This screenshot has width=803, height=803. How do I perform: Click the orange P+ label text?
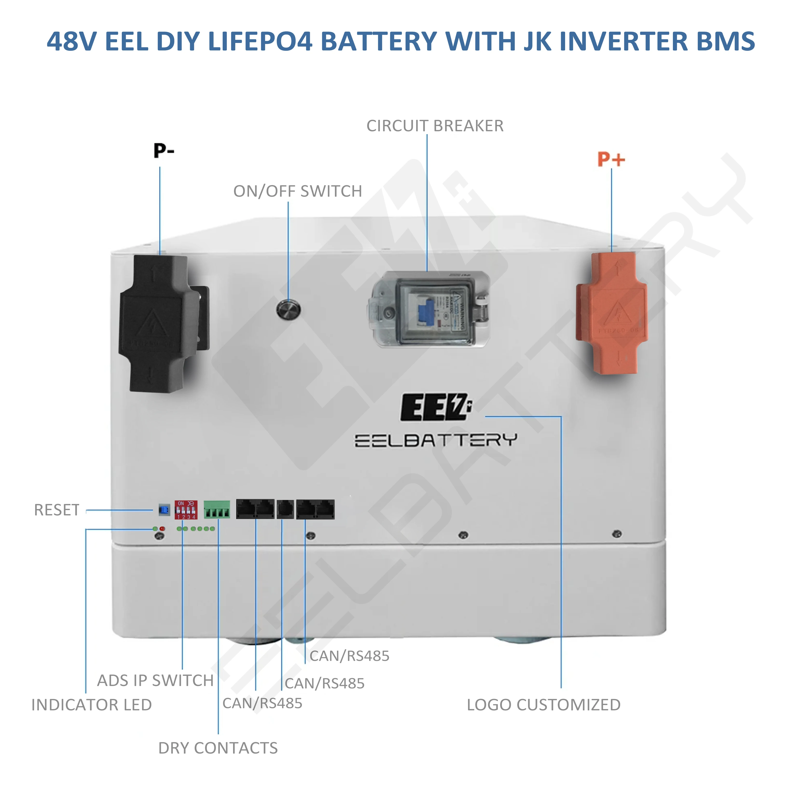point(611,159)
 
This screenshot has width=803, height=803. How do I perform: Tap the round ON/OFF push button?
point(288,309)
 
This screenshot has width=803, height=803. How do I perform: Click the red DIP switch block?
point(186,510)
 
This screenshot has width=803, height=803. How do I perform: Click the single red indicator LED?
point(162,529)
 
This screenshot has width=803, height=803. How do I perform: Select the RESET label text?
point(57,510)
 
